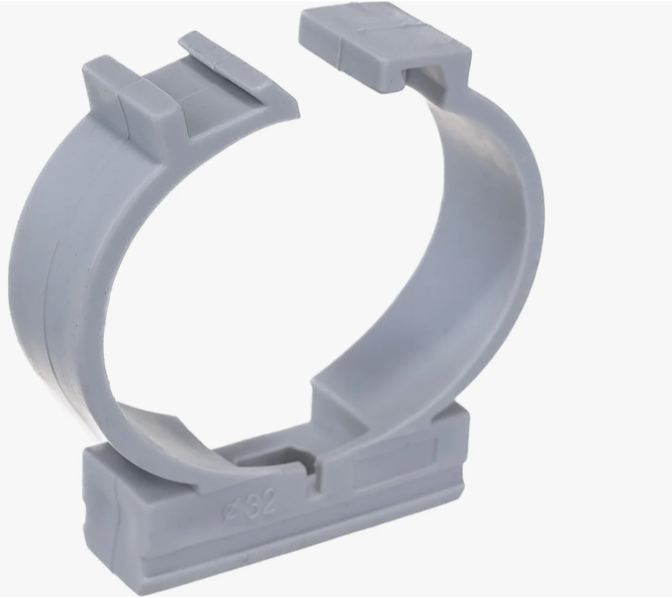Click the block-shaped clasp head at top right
(385, 47)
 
